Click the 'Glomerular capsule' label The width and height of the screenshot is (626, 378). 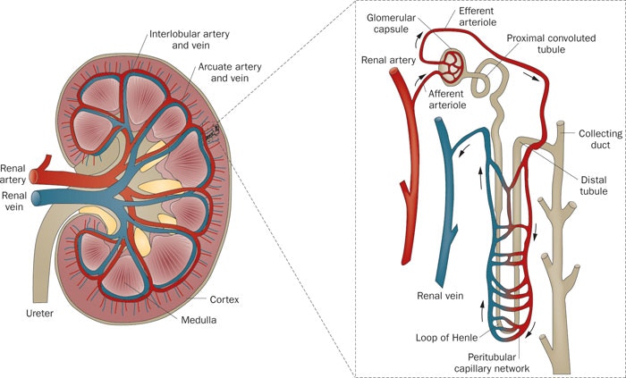click(x=392, y=23)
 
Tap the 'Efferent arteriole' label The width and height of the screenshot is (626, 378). click(x=478, y=16)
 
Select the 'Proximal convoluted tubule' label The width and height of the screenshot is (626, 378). click(x=551, y=44)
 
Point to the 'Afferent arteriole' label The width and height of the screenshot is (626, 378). click(x=447, y=99)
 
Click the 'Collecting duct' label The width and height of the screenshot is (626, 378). click(x=600, y=139)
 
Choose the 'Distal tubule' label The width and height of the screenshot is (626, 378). click(x=594, y=185)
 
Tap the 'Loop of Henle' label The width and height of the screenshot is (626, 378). click(x=447, y=338)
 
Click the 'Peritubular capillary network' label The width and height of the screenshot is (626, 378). click(x=492, y=363)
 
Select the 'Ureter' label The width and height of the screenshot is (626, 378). click(x=39, y=314)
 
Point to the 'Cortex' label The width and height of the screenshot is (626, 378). click(x=224, y=299)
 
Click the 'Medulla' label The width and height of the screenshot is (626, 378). click(x=199, y=320)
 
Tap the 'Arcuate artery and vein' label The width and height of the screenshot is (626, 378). click(x=230, y=72)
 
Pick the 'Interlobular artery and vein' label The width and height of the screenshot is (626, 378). click(x=190, y=39)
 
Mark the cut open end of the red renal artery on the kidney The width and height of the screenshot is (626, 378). click(x=34, y=177)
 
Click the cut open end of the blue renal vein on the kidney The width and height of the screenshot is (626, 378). click(x=36, y=198)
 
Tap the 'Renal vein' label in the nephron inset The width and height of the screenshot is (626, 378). click(x=440, y=296)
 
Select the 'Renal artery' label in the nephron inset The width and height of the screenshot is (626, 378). click(x=388, y=60)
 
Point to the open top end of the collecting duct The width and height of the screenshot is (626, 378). click(x=561, y=123)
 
